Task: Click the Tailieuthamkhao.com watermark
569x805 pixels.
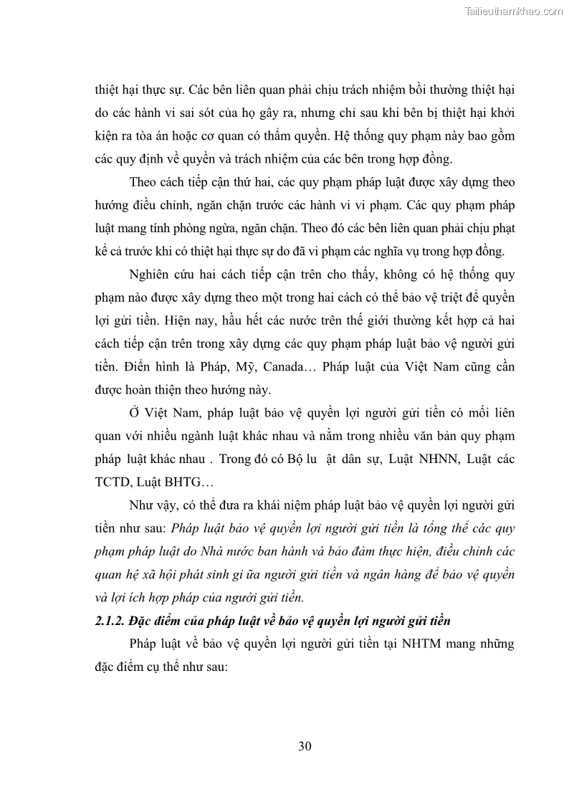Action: tap(514, 11)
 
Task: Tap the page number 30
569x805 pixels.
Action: tap(304, 746)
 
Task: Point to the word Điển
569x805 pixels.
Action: tap(133, 368)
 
